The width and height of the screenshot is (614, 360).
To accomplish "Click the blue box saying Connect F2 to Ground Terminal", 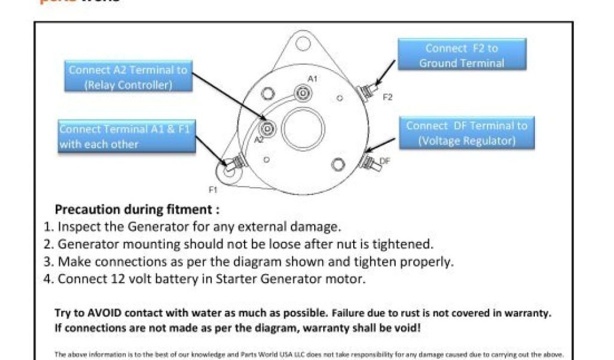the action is (x=461, y=55).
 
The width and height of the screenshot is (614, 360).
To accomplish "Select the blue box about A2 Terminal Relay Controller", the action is (x=127, y=77).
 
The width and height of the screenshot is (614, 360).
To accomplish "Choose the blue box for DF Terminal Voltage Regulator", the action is (x=466, y=133).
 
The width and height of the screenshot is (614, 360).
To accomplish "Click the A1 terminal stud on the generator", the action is (x=303, y=92).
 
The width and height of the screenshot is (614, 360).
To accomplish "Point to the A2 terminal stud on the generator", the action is (x=267, y=127).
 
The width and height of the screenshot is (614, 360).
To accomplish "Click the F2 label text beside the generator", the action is (x=387, y=97).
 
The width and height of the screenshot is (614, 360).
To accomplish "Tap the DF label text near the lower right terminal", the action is (x=385, y=161).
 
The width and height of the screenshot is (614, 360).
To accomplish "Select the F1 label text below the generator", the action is (x=212, y=190).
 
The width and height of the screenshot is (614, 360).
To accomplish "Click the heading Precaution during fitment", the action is (x=137, y=210).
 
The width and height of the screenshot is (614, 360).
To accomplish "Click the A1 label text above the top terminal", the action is (x=312, y=79).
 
